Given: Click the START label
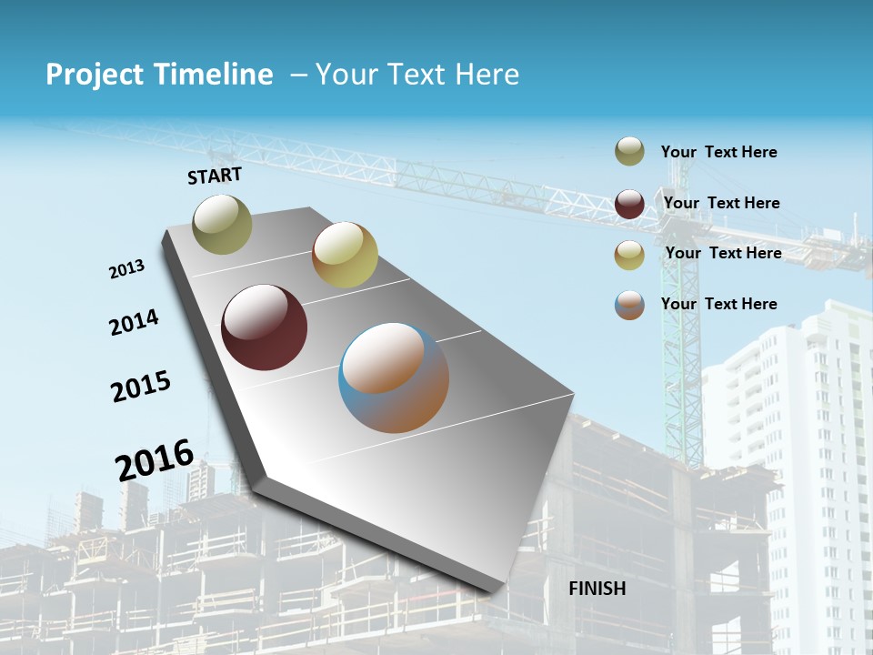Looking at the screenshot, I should pyautogui.click(x=215, y=176).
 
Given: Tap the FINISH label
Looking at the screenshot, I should pyautogui.click(x=597, y=589).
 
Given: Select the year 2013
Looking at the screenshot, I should pyautogui.click(x=127, y=269).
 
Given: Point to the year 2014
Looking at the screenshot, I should pyautogui.click(x=135, y=322).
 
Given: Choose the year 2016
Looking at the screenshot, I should pyautogui.click(x=155, y=458).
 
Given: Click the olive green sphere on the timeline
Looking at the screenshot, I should pyautogui.click(x=222, y=224).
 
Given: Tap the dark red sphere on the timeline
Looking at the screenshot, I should pyautogui.click(x=264, y=327).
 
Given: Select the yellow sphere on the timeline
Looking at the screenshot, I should pyautogui.click(x=345, y=255).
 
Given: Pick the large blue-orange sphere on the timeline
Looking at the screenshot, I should pyautogui.click(x=394, y=378).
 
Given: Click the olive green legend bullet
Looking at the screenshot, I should pyautogui.click(x=629, y=152).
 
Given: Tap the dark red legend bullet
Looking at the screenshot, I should pyautogui.click(x=629, y=204).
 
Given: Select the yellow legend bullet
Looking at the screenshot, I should pyautogui.click(x=629, y=255).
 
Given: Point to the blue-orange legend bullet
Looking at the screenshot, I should pyautogui.click(x=629, y=305).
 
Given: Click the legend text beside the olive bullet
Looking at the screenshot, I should pyautogui.click(x=718, y=153).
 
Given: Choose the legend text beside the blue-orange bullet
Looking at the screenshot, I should pyautogui.click(x=718, y=304).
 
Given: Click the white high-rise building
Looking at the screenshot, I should pyautogui.click(x=800, y=437).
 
